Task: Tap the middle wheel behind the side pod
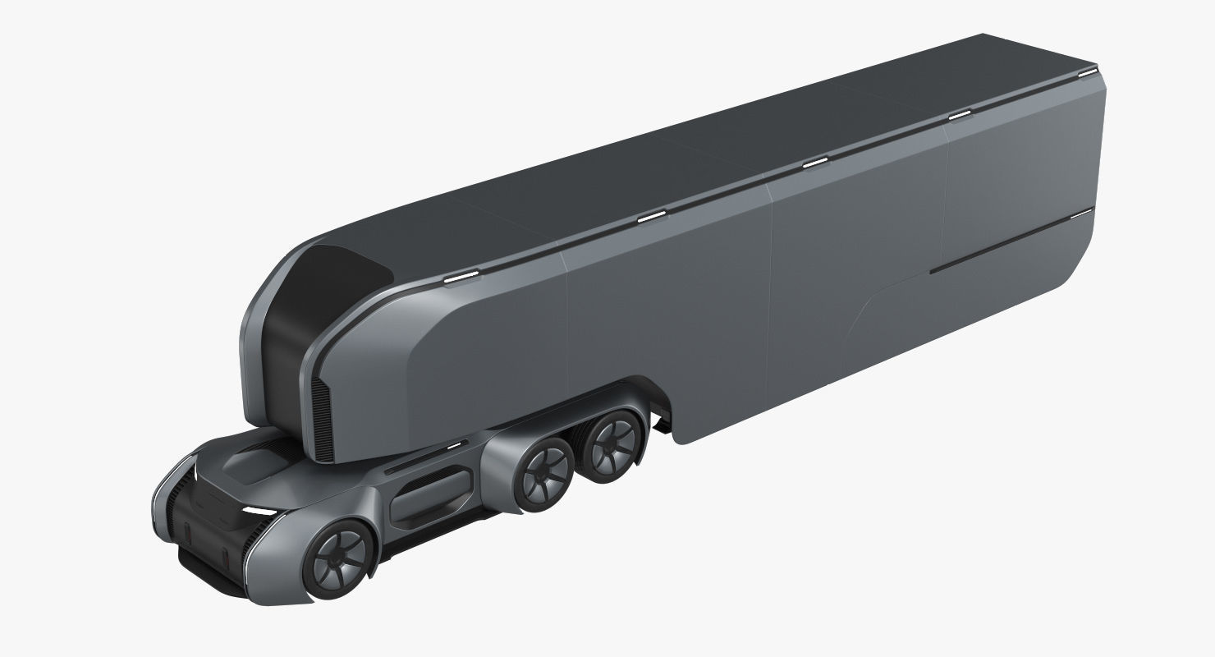coord(543,473)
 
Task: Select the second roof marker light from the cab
coord(652,218)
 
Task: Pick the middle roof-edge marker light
coord(814,163)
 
